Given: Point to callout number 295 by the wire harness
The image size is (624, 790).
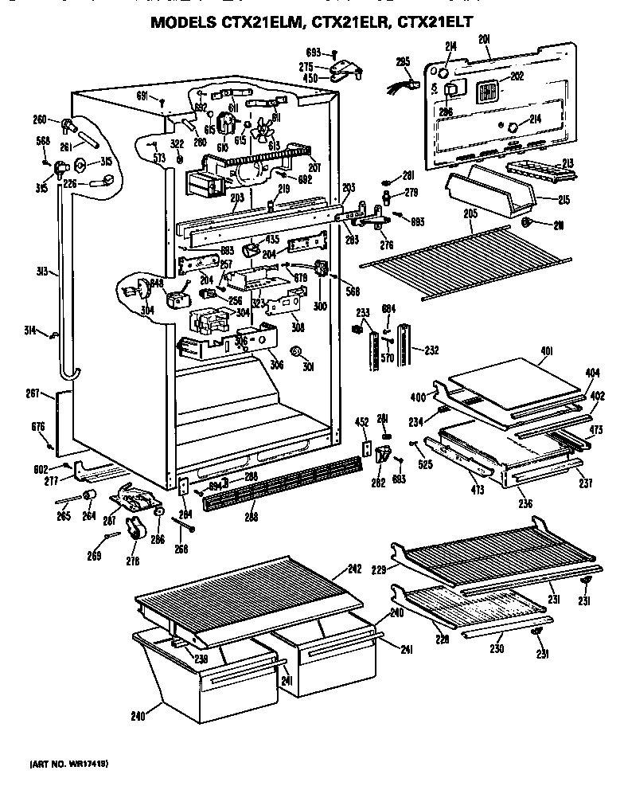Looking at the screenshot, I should (x=403, y=61).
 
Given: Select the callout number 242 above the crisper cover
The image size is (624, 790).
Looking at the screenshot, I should (x=355, y=569).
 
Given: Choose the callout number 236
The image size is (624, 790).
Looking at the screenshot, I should (x=525, y=503).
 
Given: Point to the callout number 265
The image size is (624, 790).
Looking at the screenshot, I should (x=63, y=515).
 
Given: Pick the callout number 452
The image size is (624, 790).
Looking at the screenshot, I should (x=361, y=423).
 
